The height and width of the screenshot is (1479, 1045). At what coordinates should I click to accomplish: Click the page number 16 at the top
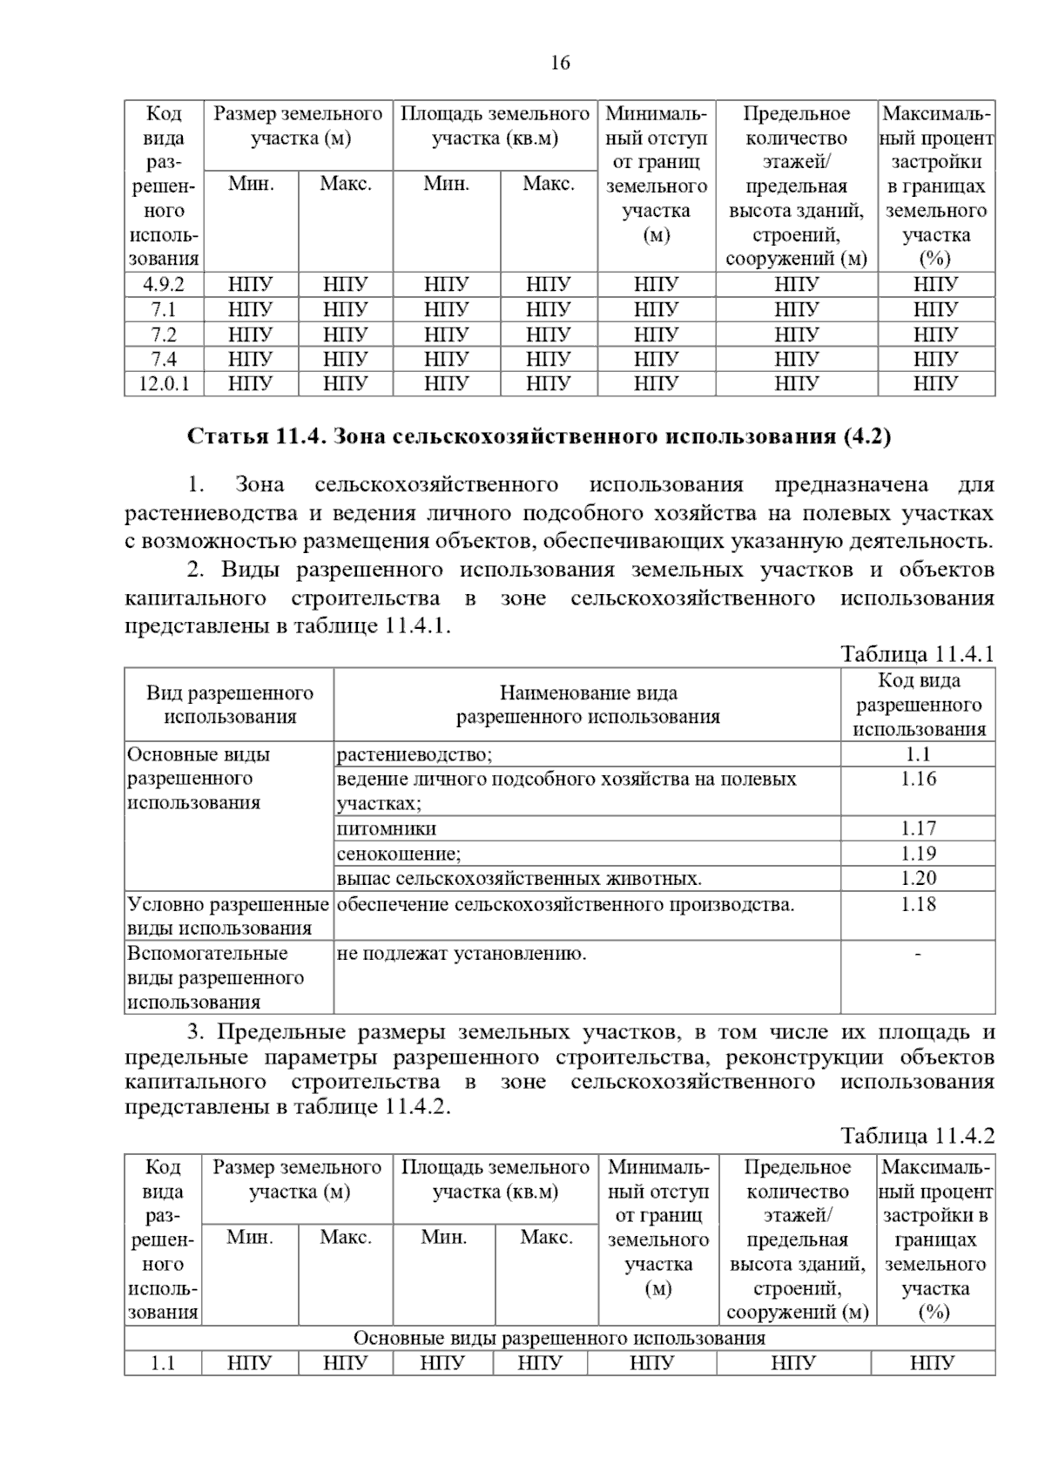click(560, 63)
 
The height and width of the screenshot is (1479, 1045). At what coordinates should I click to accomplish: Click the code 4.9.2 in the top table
click(163, 284)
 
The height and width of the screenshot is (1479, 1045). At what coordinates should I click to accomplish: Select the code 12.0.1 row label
click(163, 383)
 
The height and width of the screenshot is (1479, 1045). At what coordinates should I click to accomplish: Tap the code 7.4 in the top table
click(163, 359)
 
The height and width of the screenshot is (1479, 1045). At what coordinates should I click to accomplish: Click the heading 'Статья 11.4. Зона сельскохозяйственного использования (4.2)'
click(539, 436)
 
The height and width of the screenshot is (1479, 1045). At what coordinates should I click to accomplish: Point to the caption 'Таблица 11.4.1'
click(917, 654)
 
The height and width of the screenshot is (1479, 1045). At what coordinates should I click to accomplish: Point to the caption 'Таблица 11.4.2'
click(917, 1136)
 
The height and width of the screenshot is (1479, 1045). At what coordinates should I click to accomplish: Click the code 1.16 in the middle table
click(918, 779)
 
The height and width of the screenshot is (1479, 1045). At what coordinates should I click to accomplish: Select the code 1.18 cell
click(918, 904)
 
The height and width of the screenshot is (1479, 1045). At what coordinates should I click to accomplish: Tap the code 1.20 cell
click(918, 878)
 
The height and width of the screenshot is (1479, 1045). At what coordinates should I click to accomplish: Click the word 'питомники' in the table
click(387, 828)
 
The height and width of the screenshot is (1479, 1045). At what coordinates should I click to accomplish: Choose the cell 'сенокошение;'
click(399, 854)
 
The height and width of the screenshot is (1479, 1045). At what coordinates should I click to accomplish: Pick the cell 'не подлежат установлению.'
click(462, 954)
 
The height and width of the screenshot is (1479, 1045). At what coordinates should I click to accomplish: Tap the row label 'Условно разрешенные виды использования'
click(228, 916)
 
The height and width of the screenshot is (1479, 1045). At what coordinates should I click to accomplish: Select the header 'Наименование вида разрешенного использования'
click(588, 705)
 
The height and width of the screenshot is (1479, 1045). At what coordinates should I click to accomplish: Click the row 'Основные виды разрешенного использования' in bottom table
click(559, 1338)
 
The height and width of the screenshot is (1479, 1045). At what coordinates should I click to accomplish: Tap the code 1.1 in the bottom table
click(163, 1363)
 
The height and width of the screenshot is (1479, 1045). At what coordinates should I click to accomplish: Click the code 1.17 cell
click(918, 828)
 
